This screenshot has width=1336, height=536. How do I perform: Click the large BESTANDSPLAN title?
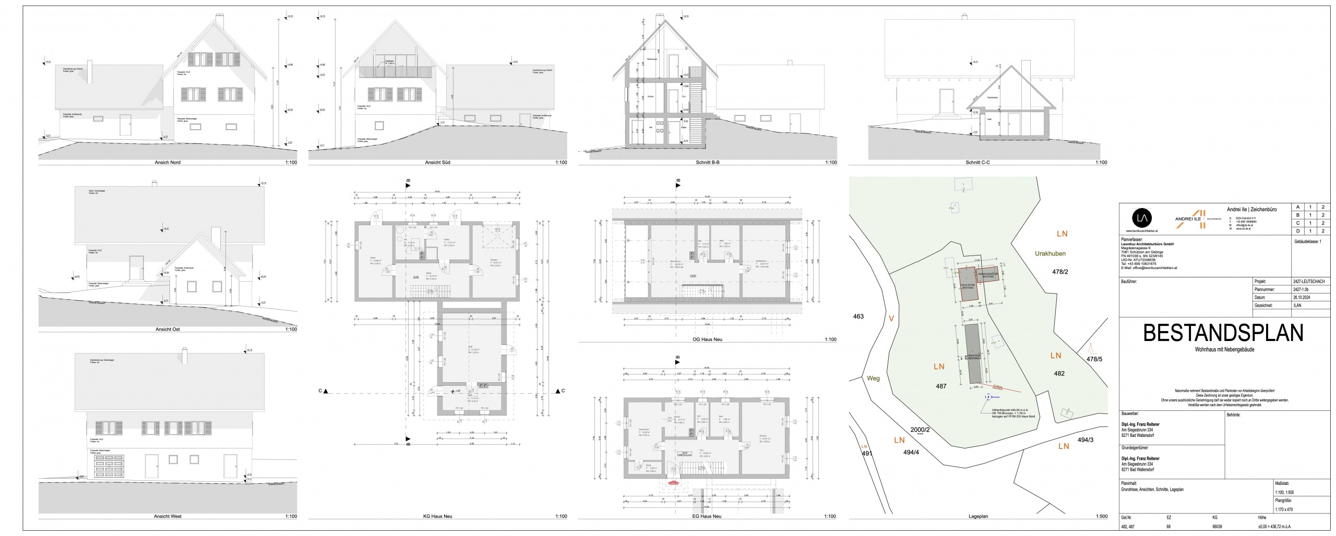pos(1223,333)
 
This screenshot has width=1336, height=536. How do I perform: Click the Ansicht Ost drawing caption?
pos(168,330)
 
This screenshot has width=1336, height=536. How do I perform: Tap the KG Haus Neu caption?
pos(436,517)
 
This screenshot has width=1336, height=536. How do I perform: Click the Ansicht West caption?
pos(168,517)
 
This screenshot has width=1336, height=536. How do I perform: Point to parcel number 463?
pos(858,316)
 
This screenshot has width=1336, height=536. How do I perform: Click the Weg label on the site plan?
pos(873,379)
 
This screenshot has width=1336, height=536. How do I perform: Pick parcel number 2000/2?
pos(920,430)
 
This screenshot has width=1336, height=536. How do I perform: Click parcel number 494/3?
pos(1085,440)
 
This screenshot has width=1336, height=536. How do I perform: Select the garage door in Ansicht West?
pos(111,465)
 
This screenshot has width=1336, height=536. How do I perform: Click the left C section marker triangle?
pos(325,391)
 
